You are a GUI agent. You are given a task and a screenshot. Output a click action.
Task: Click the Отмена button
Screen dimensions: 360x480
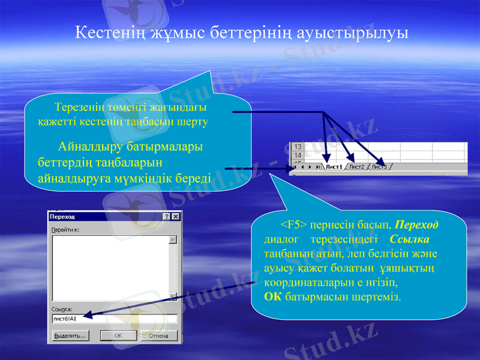(158, 336)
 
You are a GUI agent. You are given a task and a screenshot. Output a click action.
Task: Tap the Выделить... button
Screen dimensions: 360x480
(70, 336)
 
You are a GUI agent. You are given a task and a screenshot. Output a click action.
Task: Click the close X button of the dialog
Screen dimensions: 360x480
(176, 217)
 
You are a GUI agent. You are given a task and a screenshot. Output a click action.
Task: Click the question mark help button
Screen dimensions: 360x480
(166, 217)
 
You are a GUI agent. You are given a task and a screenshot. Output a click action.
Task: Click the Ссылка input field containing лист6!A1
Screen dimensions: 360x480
(114, 319)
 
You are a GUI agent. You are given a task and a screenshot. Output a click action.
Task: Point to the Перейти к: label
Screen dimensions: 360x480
(66, 229)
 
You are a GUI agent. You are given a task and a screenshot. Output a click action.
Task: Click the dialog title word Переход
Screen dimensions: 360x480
(62, 217)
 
